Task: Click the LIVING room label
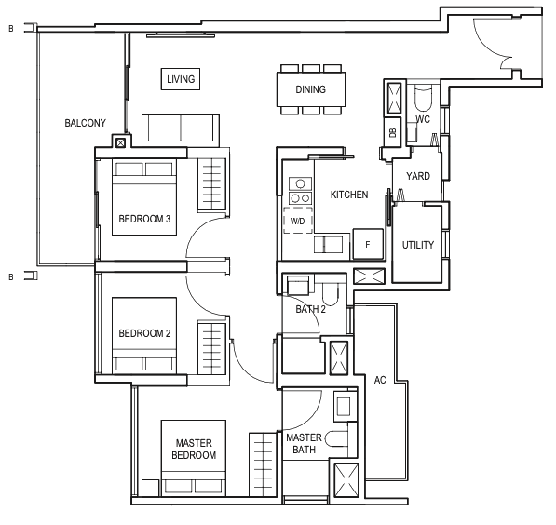click(181, 79)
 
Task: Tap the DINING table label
click(311, 89)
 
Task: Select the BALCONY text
click(85, 123)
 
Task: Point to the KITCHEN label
click(349, 195)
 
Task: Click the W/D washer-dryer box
click(298, 221)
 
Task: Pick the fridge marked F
click(368, 244)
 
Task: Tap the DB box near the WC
click(392, 132)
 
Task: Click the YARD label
click(418, 176)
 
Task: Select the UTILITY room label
click(418, 245)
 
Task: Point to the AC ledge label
click(380, 381)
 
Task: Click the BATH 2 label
click(311, 309)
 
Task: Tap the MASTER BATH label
click(304, 444)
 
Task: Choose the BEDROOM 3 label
click(144, 219)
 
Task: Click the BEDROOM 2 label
click(144, 333)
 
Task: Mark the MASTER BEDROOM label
click(194, 450)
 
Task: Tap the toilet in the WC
click(423, 97)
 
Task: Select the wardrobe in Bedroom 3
click(211, 184)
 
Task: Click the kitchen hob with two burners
click(300, 197)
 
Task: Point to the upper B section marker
click(11, 29)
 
